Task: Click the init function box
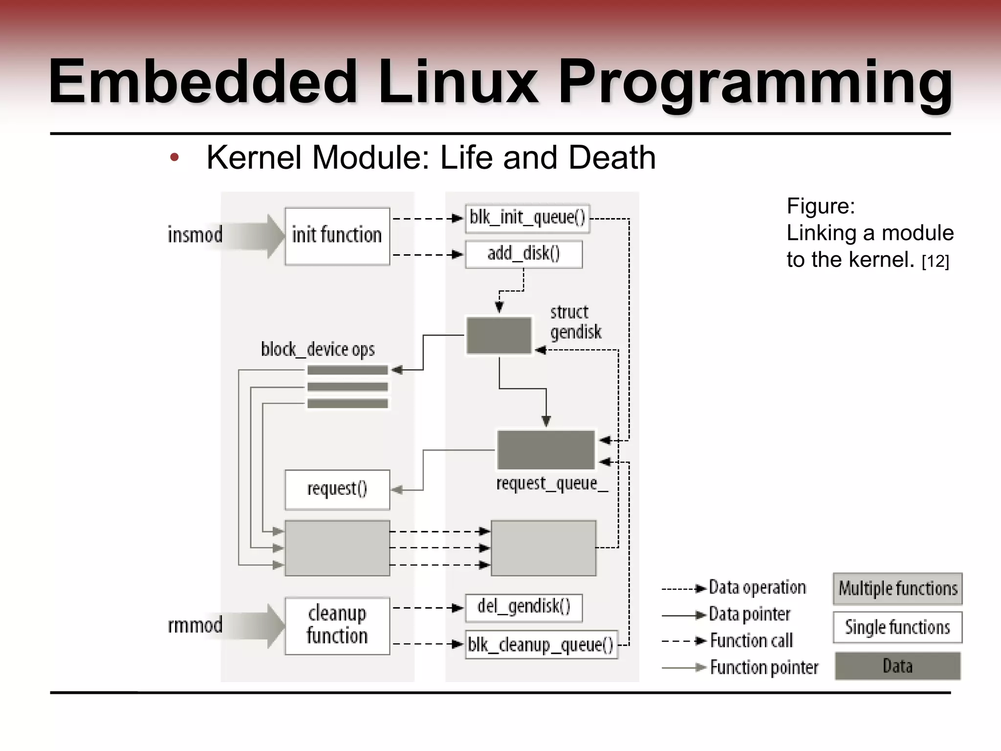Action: (x=337, y=236)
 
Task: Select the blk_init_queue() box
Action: (x=527, y=218)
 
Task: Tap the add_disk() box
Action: (x=523, y=254)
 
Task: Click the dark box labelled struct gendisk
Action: (x=499, y=335)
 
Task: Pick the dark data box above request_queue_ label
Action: (x=546, y=450)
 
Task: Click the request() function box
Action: (x=337, y=489)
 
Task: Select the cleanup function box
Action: (x=337, y=625)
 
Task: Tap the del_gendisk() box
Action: (x=523, y=608)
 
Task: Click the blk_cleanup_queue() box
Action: (x=541, y=645)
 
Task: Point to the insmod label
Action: (x=195, y=235)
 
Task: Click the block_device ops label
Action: (x=318, y=350)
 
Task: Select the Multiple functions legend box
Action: (x=897, y=589)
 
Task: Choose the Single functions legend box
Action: (x=897, y=627)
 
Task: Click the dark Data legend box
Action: (x=897, y=666)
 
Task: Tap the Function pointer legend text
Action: (x=764, y=667)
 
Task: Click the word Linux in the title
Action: (x=457, y=82)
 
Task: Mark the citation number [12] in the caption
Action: (x=935, y=262)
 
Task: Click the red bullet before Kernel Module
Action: (x=174, y=158)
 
